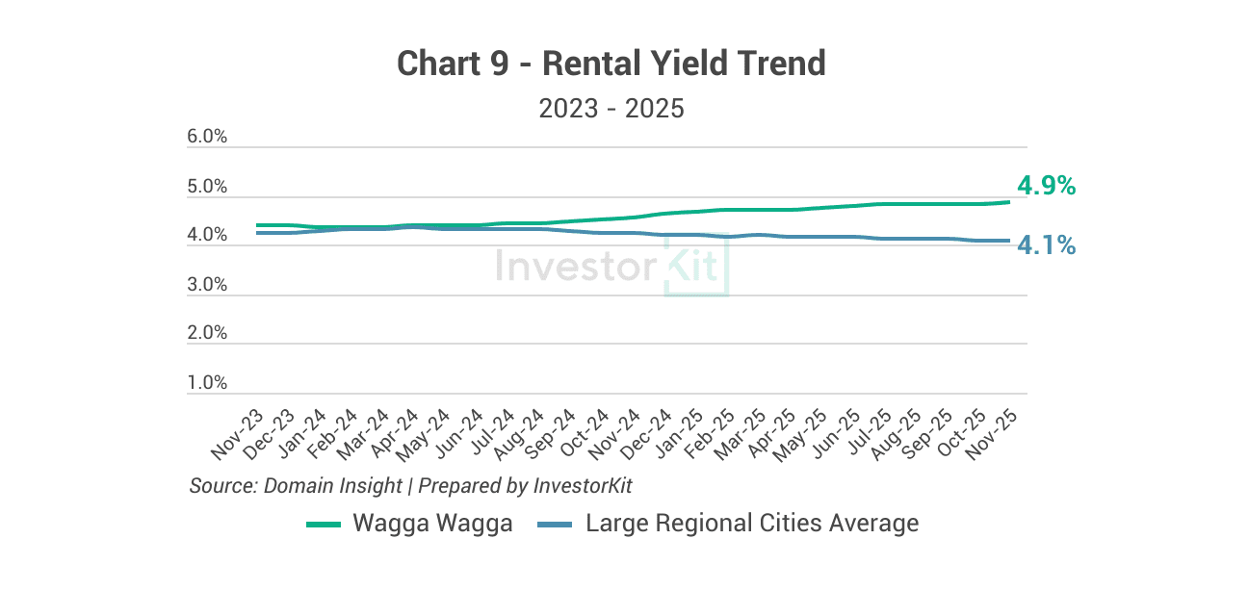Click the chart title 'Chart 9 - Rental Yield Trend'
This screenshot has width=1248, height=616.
click(611, 64)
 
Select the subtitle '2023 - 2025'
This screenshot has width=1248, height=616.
click(611, 108)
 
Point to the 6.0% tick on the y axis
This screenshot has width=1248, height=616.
click(207, 137)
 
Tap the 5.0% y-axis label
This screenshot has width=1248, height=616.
click(207, 186)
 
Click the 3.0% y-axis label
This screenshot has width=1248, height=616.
click(207, 284)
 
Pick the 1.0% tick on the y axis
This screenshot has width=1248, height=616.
click(207, 382)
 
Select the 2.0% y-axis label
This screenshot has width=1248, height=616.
click(207, 333)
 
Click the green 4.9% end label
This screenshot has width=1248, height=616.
click(1046, 186)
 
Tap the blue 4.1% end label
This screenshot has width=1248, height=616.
click(1046, 245)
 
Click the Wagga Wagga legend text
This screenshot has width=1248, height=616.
click(432, 524)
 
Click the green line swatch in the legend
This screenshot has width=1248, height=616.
click(324, 525)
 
